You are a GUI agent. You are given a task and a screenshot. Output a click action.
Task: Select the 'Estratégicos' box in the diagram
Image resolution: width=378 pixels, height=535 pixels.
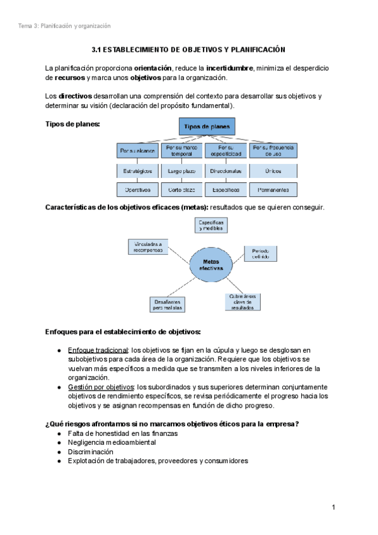tap(137, 170)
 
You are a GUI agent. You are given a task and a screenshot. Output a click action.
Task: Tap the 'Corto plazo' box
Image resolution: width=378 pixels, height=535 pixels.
tap(181, 189)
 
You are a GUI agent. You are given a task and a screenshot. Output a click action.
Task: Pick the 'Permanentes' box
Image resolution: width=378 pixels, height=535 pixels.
tap(273, 189)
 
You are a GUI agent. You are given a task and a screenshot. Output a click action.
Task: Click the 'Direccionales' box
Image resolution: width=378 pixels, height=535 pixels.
tap(226, 170)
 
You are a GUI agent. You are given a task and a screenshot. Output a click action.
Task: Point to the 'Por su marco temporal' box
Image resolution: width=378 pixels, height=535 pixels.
tap(181, 150)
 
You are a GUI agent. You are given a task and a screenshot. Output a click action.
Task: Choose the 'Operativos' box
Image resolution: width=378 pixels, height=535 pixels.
tap(137, 189)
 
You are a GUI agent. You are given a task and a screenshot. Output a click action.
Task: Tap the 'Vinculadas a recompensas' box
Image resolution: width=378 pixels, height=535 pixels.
tap(146, 247)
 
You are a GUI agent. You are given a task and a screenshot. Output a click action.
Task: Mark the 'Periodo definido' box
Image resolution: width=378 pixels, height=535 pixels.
tap(260, 254)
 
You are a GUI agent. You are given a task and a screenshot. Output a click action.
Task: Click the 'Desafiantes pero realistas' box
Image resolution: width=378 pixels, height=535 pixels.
tap(168, 305)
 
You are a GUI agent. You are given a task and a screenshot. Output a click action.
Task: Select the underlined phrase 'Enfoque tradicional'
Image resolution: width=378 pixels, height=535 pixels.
tap(98, 350)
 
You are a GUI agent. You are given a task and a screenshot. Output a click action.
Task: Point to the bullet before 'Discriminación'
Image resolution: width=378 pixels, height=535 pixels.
tap(59, 452)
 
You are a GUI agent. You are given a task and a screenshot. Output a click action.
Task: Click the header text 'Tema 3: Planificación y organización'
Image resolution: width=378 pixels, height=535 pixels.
tap(64, 26)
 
